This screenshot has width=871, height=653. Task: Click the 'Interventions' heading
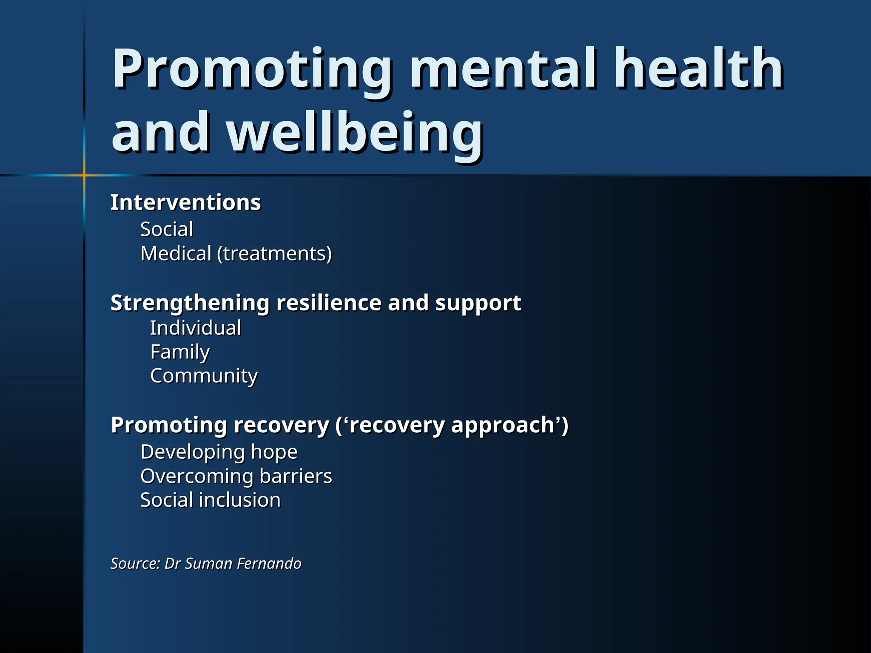click(x=185, y=202)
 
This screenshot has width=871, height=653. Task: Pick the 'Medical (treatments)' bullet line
click(x=236, y=254)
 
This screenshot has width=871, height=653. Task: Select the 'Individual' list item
click(x=196, y=328)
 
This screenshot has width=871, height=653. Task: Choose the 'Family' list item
click(x=180, y=352)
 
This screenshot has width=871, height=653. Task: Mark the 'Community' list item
click(x=204, y=376)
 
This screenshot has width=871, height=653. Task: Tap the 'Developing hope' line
click(x=219, y=452)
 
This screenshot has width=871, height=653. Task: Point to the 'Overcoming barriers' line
click(x=236, y=476)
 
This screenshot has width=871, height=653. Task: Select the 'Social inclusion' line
click(x=211, y=500)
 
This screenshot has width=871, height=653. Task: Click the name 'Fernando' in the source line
click(x=269, y=563)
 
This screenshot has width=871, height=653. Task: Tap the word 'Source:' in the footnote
click(x=135, y=563)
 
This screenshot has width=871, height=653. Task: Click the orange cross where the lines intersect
click(x=84, y=175)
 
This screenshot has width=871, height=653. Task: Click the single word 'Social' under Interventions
click(x=167, y=230)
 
